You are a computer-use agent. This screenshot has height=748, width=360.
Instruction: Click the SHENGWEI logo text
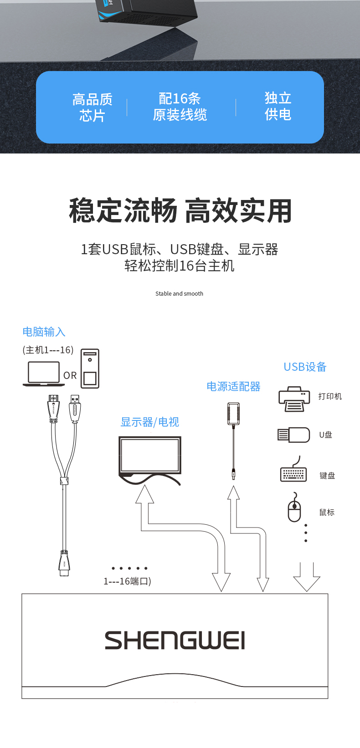coord(175,640)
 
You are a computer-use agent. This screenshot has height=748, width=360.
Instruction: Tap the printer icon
coord(294,399)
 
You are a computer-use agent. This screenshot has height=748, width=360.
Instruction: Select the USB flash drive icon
coord(293,435)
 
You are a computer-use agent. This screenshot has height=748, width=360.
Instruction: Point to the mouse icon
coord(294,507)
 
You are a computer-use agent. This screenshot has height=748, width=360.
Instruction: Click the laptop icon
coord(44,374)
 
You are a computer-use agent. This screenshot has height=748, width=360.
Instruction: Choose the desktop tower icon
coord(90,369)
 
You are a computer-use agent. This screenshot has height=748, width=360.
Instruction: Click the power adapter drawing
coord(233,441)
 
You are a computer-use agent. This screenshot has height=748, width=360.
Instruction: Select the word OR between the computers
coord(70,375)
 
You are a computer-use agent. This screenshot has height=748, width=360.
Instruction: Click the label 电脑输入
coord(44,332)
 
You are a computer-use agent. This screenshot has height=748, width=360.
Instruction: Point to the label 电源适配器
coord(233,386)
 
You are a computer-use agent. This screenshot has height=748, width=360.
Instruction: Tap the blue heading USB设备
coord(305,367)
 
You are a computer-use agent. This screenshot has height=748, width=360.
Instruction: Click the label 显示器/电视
coord(149,422)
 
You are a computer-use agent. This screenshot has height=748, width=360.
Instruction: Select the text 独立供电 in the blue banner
coord(278,106)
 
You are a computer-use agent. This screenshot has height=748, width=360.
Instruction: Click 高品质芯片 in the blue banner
coord(92,108)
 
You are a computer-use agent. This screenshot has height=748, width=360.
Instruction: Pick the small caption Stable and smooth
coord(179,293)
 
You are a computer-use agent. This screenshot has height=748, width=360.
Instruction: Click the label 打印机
coord(330,396)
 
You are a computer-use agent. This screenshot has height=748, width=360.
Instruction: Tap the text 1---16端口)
coord(127,581)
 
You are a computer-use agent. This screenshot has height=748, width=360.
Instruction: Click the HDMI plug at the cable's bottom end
coord(64,563)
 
